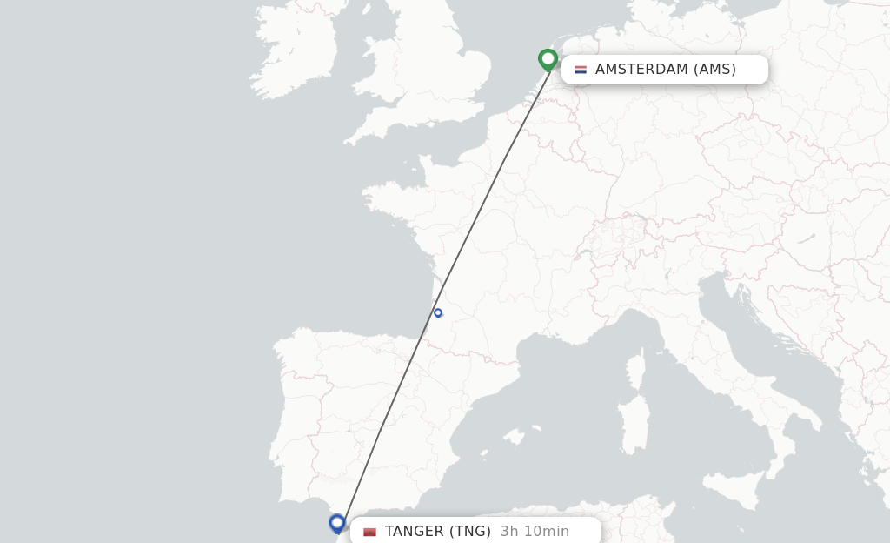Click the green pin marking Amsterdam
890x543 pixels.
[548, 59]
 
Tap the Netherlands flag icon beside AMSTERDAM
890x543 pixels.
[581, 70]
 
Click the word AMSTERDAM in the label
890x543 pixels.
[641, 70]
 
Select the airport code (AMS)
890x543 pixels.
[714, 70]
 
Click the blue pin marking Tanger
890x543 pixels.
[337, 522]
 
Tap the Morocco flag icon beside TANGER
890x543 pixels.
[370, 532]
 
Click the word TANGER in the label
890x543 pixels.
[413, 532]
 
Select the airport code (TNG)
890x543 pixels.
[470, 532]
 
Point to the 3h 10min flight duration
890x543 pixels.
[535, 532]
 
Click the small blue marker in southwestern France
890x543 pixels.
[438, 312]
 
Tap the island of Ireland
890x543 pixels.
[296, 52]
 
